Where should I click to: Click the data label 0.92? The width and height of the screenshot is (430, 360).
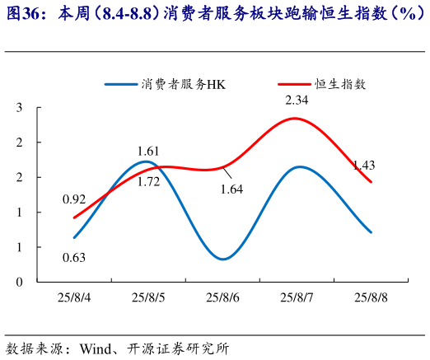click(x=74, y=199)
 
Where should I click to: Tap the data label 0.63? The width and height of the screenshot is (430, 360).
click(x=74, y=258)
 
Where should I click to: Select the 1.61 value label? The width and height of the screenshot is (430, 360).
click(x=148, y=151)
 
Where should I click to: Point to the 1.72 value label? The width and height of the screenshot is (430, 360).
click(x=148, y=181)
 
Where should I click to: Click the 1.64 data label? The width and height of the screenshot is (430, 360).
click(x=231, y=189)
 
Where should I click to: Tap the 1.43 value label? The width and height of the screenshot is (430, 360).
click(x=363, y=166)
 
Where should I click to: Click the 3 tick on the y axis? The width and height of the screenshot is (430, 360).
click(x=19, y=108)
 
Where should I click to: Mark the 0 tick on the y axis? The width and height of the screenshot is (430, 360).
click(x=19, y=282)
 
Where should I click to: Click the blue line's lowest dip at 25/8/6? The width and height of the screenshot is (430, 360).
click(x=223, y=259)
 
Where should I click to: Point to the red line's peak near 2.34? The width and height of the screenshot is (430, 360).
click(x=296, y=119)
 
